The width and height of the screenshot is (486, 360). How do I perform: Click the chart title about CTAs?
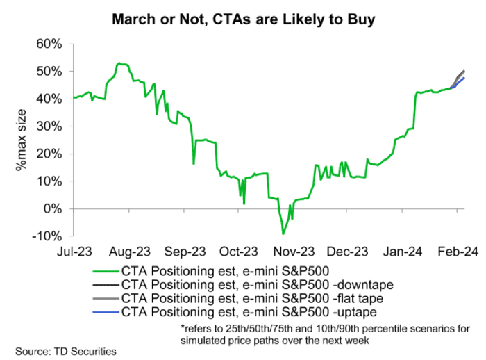(243, 19)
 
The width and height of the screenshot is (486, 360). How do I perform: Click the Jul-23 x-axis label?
(74, 251)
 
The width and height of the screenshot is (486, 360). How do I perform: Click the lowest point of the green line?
(283, 233)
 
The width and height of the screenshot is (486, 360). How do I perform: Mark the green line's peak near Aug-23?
(119, 63)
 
